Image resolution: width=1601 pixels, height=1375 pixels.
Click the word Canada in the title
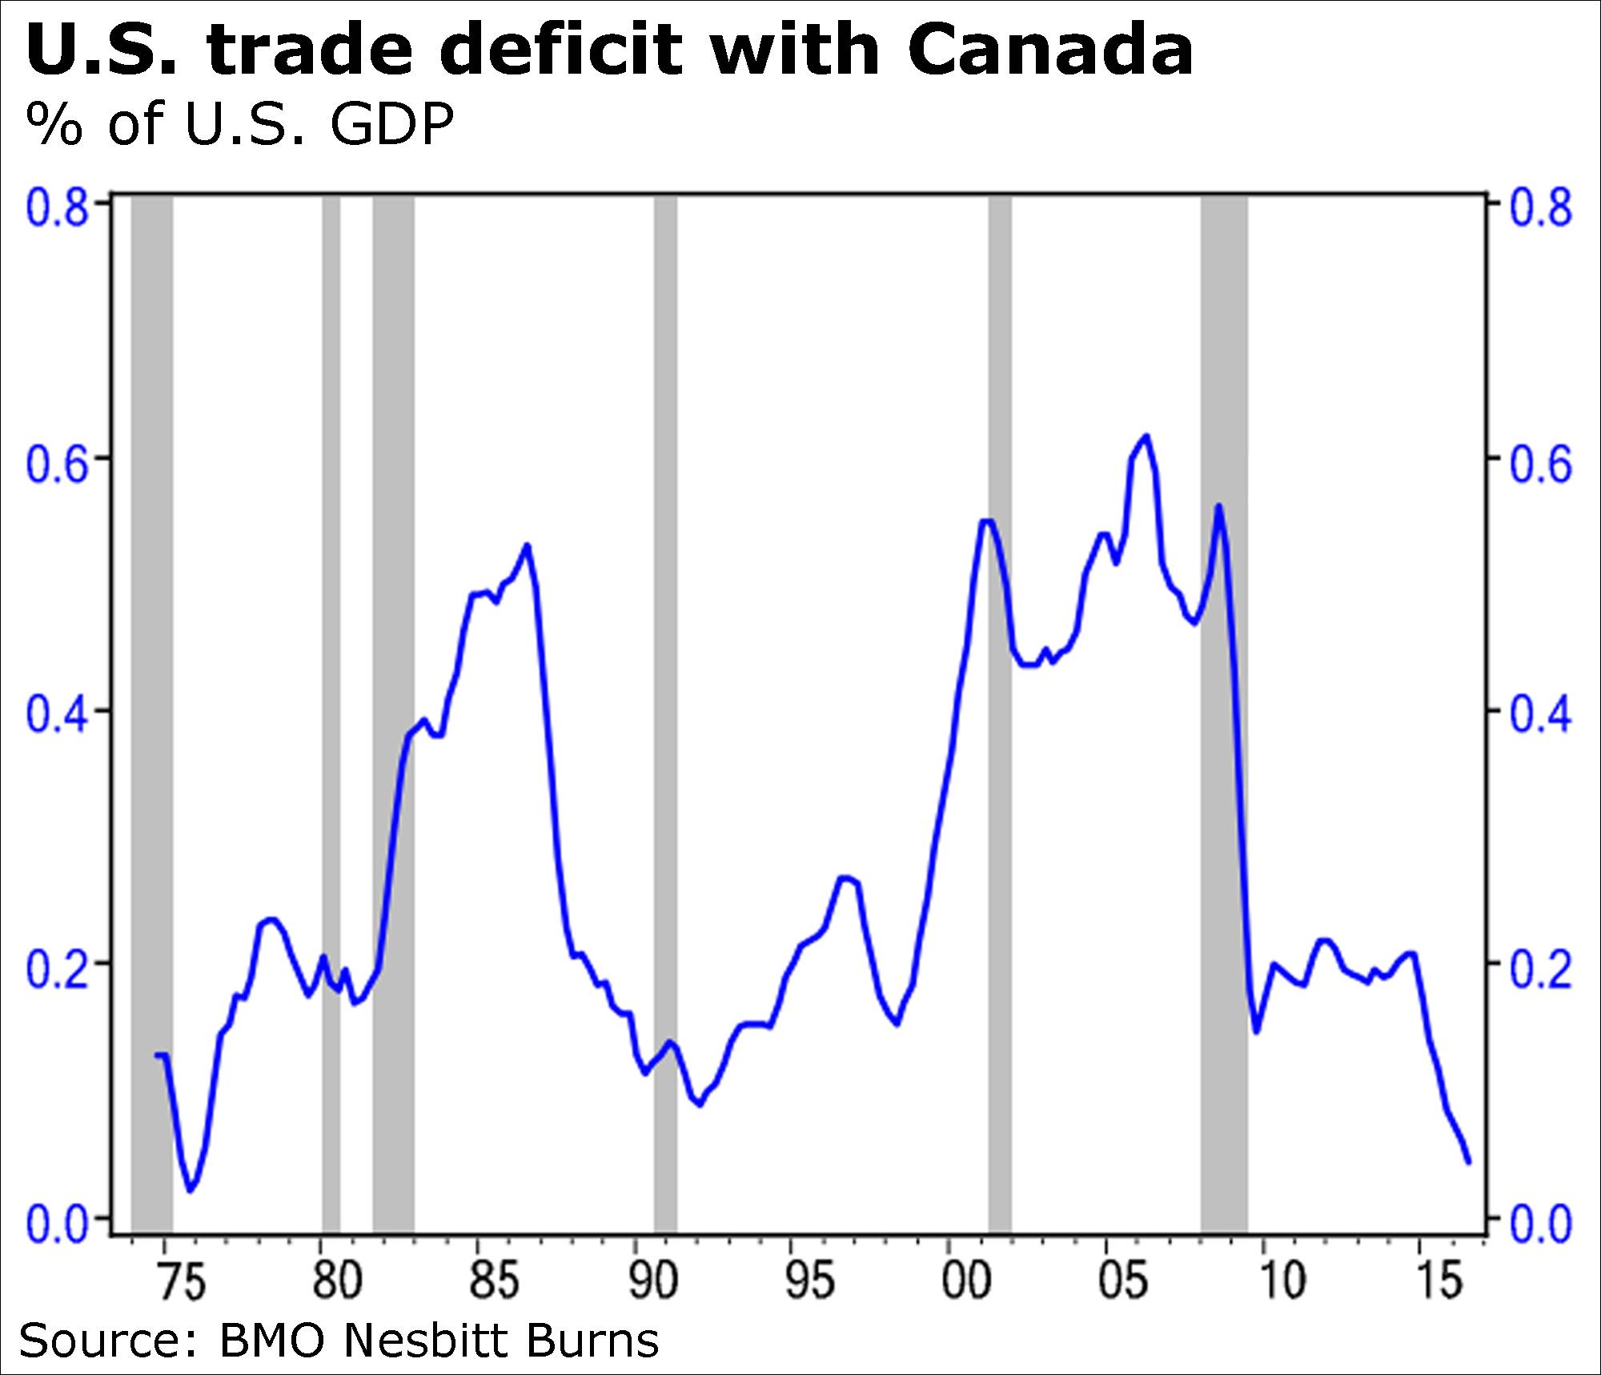(x=1050, y=50)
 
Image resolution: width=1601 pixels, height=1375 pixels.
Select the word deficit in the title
(x=552, y=50)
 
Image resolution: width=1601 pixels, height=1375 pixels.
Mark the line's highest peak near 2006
(x=1146, y=436)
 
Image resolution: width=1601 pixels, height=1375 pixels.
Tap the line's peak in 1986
(x=527, y=545)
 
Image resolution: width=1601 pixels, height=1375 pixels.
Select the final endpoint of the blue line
(x=1468, y=1162)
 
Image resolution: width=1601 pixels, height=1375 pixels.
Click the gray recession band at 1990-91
(x=665, y=721)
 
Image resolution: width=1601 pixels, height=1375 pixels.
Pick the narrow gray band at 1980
(x=331, y=721)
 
